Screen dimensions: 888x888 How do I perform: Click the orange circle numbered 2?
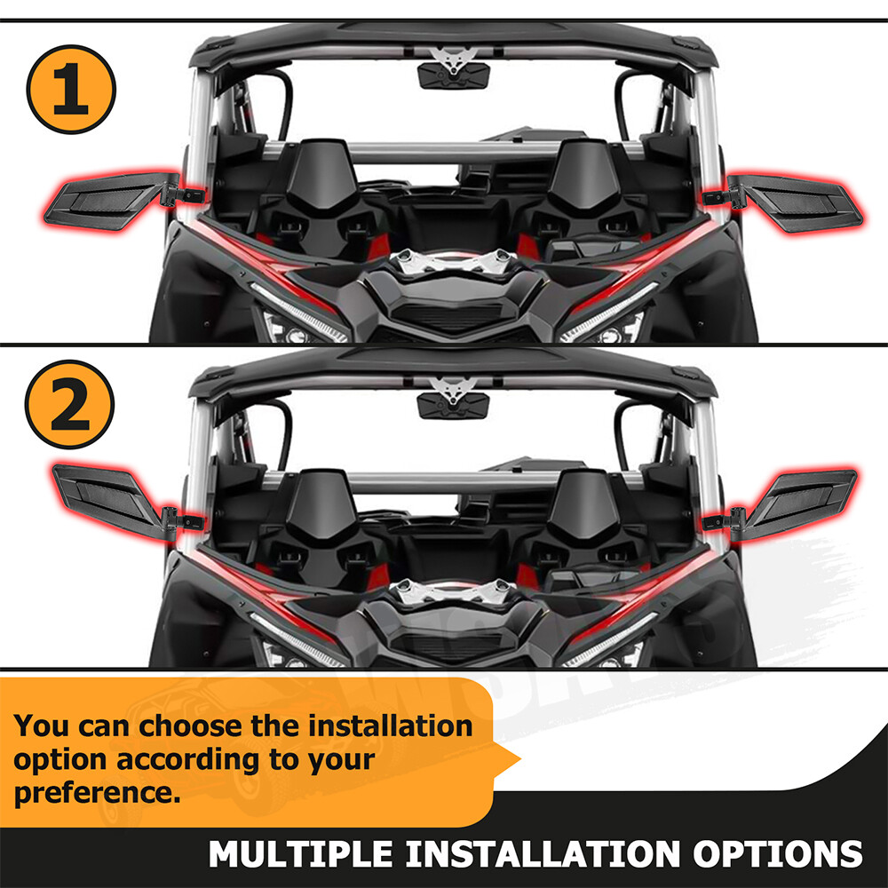click(x=70, y=403)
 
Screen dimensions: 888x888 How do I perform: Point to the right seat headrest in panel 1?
click(x=583, y=173)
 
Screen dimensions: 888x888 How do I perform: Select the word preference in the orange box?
click(x=97, y=791)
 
